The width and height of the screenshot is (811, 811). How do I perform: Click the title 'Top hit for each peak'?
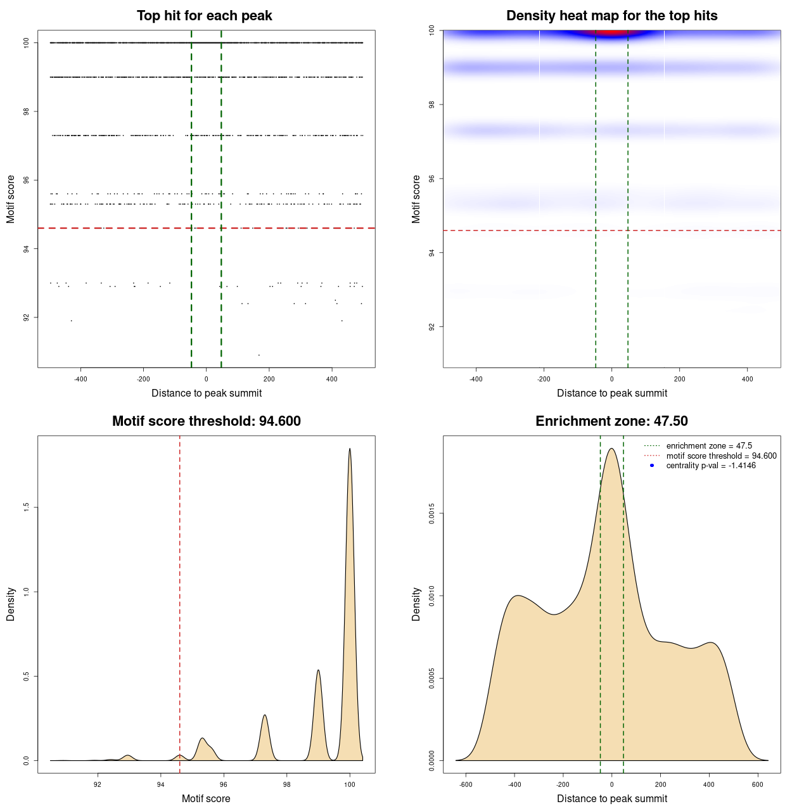pos(204,16)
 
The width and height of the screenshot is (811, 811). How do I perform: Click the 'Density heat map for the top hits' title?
pos(611,16)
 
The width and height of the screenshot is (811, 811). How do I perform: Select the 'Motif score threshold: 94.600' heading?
pos(206,421)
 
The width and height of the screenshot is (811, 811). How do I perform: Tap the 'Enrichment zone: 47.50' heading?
pos(611,421)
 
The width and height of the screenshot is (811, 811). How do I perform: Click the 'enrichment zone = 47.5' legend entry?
pos(709,446)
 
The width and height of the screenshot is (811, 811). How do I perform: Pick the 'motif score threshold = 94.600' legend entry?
pos(721,456)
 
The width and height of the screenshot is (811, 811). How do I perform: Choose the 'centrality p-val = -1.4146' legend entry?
pos(711,466)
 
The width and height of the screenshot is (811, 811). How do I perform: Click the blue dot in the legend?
pos(652,466)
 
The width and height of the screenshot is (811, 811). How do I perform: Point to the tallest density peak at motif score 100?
pos(350,449)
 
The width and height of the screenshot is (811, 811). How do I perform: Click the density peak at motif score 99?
pos(318,670)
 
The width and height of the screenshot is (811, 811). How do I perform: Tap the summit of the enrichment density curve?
pos(611,449)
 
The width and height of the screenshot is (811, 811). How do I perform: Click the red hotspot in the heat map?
pos(611,33)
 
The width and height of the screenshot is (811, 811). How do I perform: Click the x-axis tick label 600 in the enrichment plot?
pos(757,785)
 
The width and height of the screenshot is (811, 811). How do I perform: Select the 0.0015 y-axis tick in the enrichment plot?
pos(431,514)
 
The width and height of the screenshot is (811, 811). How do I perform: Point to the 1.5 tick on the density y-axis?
pos(26,508)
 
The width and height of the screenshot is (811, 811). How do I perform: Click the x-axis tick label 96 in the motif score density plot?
pos(224,785)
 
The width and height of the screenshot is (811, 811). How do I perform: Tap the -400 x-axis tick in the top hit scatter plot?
pos(80,380)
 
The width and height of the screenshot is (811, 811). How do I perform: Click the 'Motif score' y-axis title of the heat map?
pos(416,199)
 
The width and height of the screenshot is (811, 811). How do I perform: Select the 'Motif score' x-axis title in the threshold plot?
pos(206,799)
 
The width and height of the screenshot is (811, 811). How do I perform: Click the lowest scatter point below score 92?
pos(259,355)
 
